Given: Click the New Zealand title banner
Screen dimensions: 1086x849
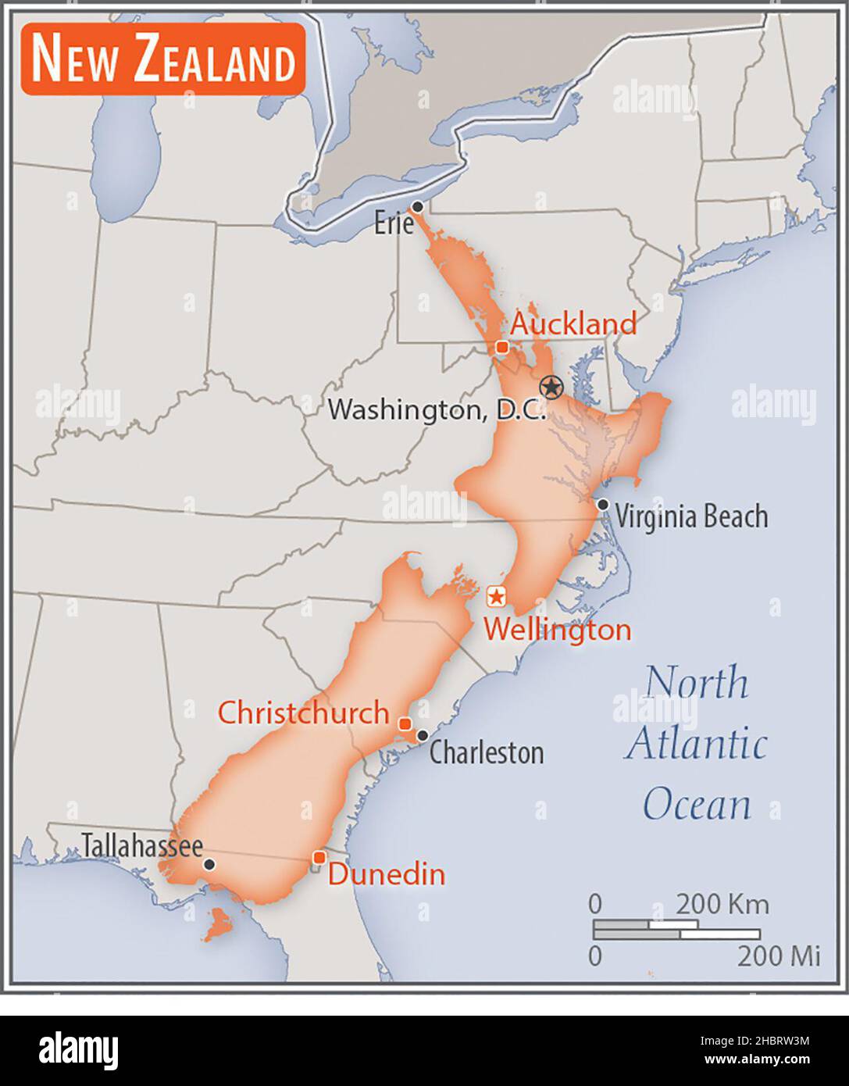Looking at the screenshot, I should [x=162, y=59].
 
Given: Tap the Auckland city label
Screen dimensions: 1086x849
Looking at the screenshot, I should [x=573, y=323].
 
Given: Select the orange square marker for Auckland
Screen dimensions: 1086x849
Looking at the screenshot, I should [x=502, y=346].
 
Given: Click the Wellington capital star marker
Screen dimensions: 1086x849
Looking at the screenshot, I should [x=496, y=597].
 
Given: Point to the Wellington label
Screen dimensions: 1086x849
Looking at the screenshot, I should [x=558, y=629].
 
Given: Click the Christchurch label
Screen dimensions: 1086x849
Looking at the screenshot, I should [x=303, y=713].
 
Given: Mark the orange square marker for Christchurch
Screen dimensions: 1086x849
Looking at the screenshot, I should [x=405, y=723].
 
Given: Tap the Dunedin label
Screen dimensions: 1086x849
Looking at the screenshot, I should [x=387, y=873].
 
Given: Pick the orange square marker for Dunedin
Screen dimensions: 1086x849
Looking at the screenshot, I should [x=319, y=858].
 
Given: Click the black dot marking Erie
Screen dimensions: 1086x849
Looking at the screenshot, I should [x=418, y=207].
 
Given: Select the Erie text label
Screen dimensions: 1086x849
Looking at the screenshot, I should [x=393, y=225].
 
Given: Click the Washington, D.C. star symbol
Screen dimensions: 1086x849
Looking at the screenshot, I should [x=551, y=386].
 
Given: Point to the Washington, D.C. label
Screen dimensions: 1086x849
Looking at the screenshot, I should [x=437, y=409].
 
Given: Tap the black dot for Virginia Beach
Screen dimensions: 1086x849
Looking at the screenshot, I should [x=603, y=505].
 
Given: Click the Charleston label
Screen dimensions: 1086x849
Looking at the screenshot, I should [x=487, y=752].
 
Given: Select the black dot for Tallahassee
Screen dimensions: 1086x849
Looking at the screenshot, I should [x=209, y=865].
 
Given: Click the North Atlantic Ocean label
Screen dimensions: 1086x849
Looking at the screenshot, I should [x=696, y=743].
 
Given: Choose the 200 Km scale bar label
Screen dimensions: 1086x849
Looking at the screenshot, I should [x=722, y=905].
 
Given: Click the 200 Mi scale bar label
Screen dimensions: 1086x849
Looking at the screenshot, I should [x=779, y=956].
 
